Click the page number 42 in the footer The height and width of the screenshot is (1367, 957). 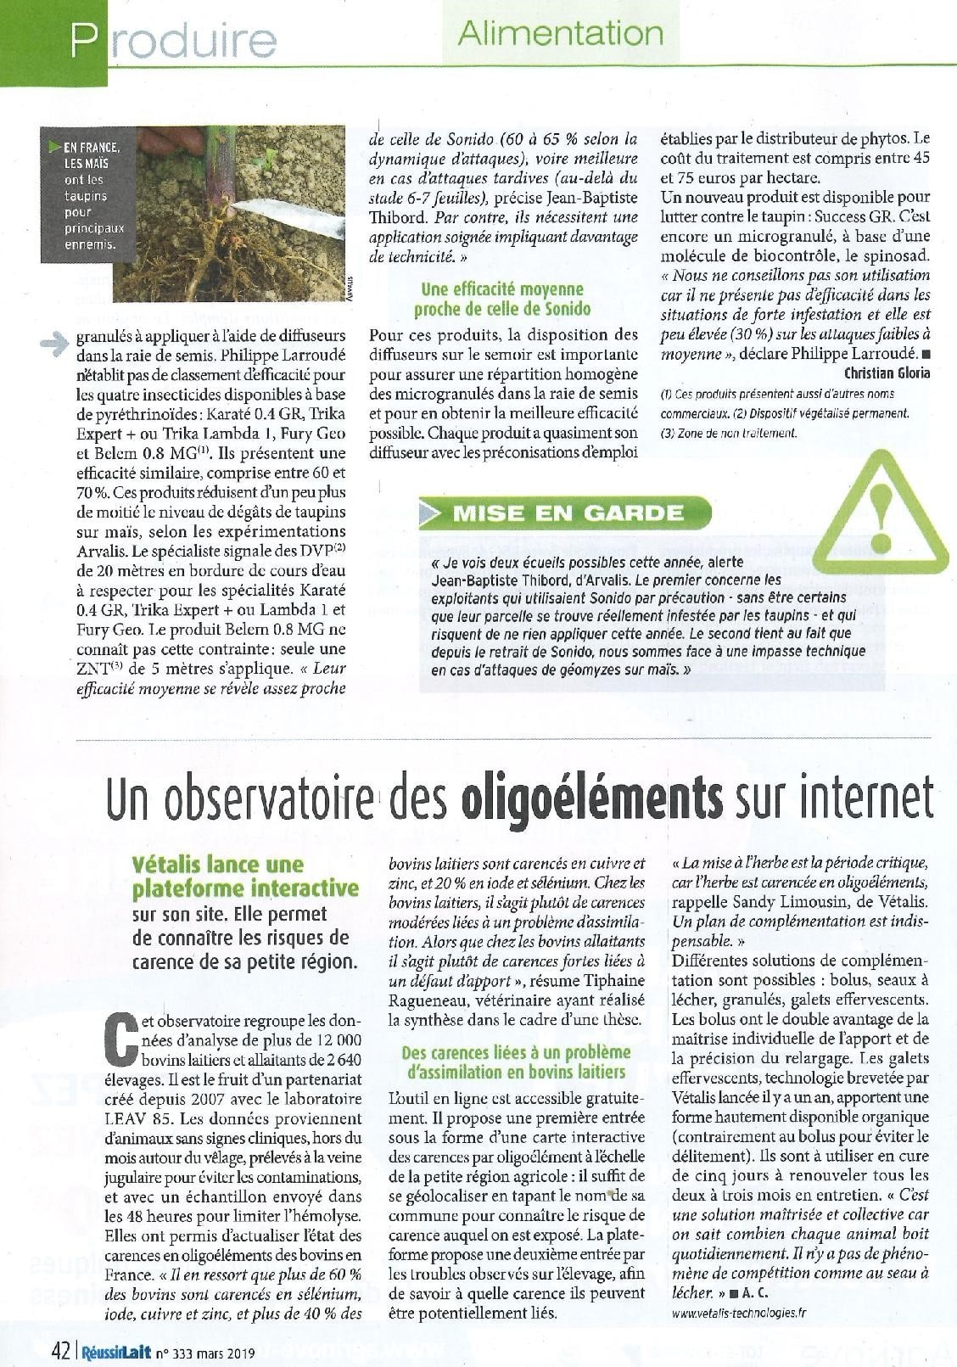60,1348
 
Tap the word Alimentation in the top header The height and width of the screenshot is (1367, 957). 561,33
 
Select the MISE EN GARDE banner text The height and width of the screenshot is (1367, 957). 568,513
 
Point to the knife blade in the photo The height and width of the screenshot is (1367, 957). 288,216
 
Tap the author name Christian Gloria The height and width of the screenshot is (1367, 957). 887,373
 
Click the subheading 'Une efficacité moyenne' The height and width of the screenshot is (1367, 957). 502,289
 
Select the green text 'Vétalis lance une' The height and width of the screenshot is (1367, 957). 218,865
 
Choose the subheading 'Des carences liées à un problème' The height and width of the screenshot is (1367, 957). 516,1053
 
